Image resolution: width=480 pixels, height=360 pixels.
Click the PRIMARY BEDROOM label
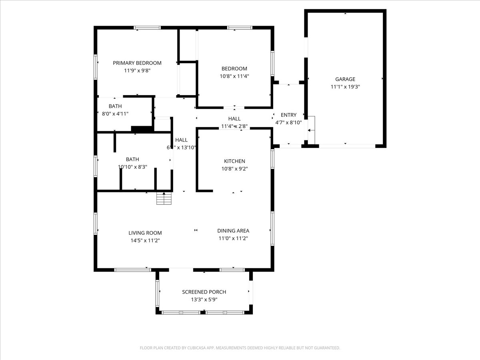coord(137,63)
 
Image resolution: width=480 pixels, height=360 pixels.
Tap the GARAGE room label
coord(345,79)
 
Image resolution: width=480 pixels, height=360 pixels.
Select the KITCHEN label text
coord(234,161)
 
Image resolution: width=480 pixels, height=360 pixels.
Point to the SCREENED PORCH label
coord(204,292)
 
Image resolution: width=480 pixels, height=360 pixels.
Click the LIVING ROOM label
coord(145,233)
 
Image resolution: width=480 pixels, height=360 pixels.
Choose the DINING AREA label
coord(233,230)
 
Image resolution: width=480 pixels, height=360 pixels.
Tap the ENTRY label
coord(288,115)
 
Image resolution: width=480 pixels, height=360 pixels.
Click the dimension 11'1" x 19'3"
coord(345,86)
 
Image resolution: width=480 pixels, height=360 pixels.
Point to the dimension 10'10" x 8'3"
coord(132,167)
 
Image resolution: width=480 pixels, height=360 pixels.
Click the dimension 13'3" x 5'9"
coord(204,299)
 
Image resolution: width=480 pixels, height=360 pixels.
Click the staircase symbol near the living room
coord(164,198)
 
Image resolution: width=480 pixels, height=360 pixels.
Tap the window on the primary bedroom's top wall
coord(147,28)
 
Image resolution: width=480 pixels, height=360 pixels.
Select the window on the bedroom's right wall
coord(272,63)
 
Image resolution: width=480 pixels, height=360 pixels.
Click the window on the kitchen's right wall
coord(272,159)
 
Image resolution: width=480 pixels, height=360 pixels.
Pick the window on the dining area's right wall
coord(272,228)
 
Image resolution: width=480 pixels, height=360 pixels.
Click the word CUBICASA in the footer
coord(198,348)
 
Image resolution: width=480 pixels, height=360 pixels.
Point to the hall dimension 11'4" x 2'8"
coord(234,126)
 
